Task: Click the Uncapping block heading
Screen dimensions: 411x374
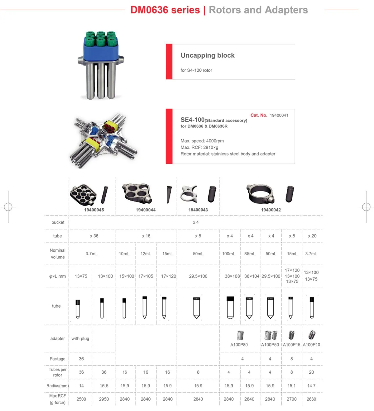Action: (208, 55)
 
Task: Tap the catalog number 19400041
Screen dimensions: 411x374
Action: (279, 115)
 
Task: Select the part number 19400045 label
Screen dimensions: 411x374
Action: (94, 210)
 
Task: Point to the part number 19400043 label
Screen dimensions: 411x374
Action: (198, 210)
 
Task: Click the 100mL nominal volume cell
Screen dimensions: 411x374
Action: (228, 254)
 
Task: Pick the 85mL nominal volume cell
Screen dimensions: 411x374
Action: (250, 254)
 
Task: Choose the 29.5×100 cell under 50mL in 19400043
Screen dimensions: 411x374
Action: (198, 276)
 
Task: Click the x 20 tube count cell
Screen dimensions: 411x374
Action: (312, 236)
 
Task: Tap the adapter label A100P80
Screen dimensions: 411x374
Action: (239, 345)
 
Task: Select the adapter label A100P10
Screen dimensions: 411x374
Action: (311, 345)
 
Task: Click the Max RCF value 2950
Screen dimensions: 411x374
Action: (104, 399)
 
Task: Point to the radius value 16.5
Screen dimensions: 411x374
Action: (104, 386)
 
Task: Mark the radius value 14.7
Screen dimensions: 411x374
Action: (311, 386)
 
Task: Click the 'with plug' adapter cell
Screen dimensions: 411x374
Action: (80, 338)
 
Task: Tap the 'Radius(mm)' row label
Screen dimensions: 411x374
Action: (57, 386)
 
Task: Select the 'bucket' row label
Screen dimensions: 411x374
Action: (58, 222)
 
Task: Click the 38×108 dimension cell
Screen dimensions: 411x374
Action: (232, 276)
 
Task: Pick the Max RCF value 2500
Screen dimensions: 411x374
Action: (81, 399)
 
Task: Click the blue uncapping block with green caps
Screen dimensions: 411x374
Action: (100, 48)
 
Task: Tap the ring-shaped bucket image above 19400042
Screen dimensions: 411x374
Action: (261, 194)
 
